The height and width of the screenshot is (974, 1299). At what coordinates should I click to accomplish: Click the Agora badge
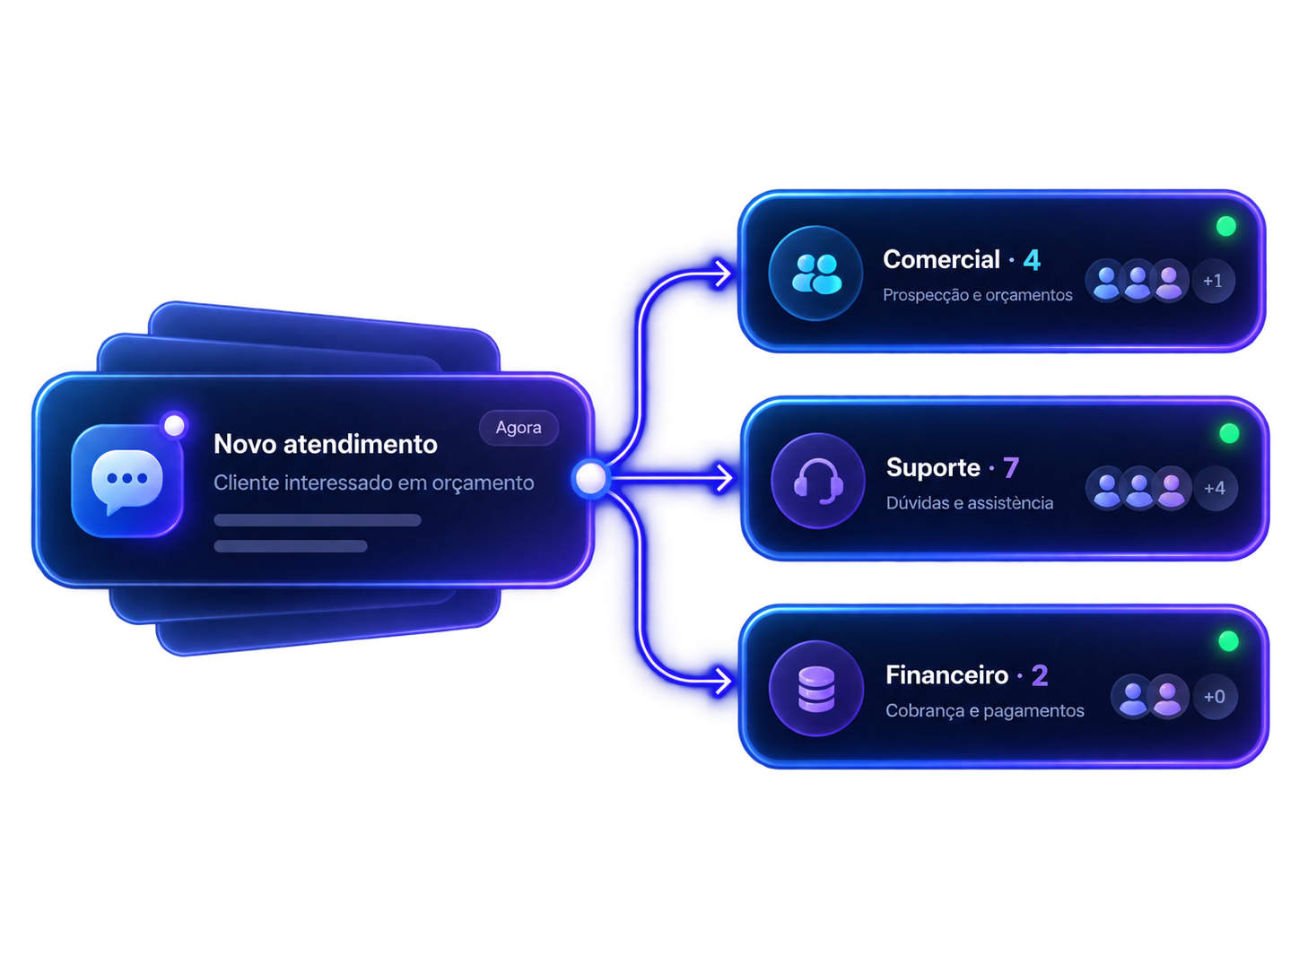coord(519,428)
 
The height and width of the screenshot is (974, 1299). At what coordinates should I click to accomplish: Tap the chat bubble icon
coord(127,480)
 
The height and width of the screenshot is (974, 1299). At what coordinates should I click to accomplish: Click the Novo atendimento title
coord(326,444)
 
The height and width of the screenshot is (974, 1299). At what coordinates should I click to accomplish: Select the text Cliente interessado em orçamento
coord(373,483)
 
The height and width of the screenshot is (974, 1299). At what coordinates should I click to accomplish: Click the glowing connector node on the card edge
coord(590,478)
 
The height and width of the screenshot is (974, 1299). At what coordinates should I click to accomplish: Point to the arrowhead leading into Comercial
coord(723,274)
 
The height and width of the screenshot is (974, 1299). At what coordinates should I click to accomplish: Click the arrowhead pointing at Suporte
coord(724,478)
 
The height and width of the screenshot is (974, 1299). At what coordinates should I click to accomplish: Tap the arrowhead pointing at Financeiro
coord(723,682)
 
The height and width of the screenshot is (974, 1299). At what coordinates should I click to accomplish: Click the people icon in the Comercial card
coord(816,274)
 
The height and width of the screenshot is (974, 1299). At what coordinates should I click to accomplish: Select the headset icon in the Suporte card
coord(818,481)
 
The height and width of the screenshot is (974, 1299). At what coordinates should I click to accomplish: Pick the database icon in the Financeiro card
coord(816,689)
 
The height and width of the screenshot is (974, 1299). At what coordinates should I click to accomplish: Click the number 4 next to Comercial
coord(1032,260)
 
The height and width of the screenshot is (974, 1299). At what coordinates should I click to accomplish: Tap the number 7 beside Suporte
coord(1011,468)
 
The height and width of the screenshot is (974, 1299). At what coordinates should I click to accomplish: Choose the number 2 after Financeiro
coord(1040,675)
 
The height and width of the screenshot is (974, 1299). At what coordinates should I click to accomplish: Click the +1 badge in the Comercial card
coord(1213,281)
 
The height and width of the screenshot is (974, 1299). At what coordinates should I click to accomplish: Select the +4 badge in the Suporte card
coord(1215,488)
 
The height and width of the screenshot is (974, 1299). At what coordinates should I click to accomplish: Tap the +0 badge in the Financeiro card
coord(1215,697)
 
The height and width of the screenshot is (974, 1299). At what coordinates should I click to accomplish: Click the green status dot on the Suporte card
coord(1229,433)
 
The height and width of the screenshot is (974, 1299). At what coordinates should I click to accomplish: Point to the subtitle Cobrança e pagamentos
coord(985,710)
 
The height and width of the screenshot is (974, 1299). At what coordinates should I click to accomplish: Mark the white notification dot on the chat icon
coord(174,425)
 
